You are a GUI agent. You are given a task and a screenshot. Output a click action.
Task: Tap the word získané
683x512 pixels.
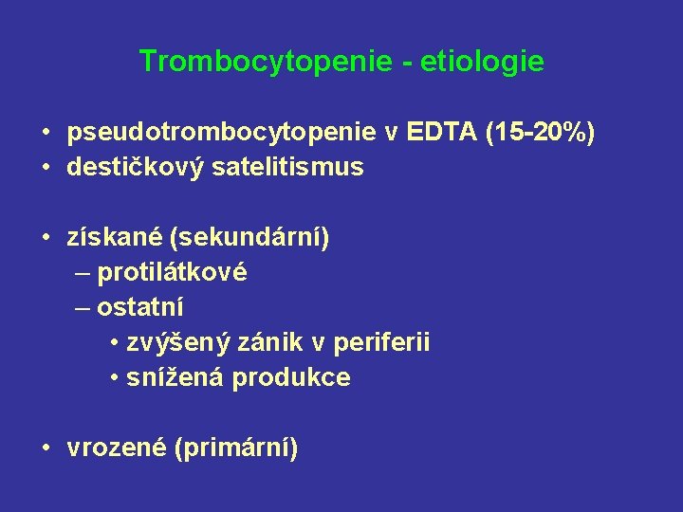point(109,237)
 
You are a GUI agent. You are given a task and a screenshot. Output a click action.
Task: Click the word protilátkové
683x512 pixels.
point(172,273)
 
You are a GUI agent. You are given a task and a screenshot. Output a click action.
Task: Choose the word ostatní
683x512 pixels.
point(140,307)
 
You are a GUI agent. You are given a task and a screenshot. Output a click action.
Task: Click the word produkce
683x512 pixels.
point(291,377)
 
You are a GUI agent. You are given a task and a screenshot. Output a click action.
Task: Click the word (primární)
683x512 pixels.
point(236,448)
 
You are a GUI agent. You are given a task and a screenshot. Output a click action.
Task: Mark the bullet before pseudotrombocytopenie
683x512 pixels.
point(46,134)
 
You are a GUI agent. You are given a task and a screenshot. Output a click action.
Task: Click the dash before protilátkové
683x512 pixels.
point(82,273)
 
